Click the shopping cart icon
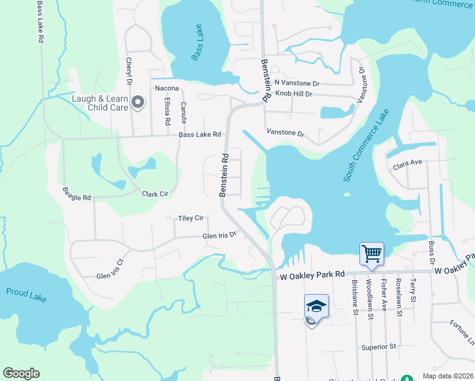(x=371, y=253)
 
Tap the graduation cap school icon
(x=316, y=305)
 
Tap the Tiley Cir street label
(x=191, y=218)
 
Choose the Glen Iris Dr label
(x=219, y=236)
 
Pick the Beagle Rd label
(x=77, y=194)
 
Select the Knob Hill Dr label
(x=293, y=94)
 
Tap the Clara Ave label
(x=408, y=163)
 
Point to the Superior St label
(x=378, y=347)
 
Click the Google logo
(x=21, y=373)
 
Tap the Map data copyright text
(x=448, y=376)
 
